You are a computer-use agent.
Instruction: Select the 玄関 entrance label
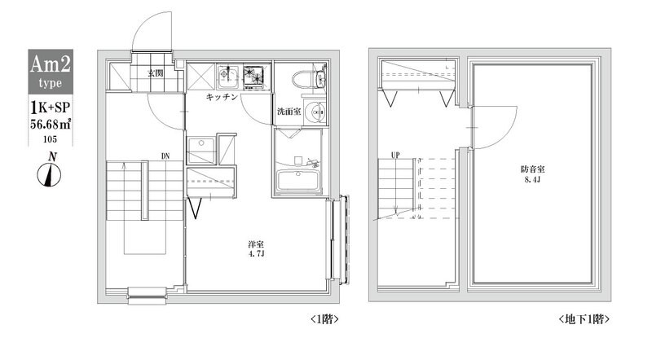(154, 73)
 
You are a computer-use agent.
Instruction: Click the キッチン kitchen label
(221, 97)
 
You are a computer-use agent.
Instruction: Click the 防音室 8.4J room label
(532, 174)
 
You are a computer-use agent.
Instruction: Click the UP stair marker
(395, 154)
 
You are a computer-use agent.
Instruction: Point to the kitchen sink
(227, 76)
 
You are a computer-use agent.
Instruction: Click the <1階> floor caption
(324, 319)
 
